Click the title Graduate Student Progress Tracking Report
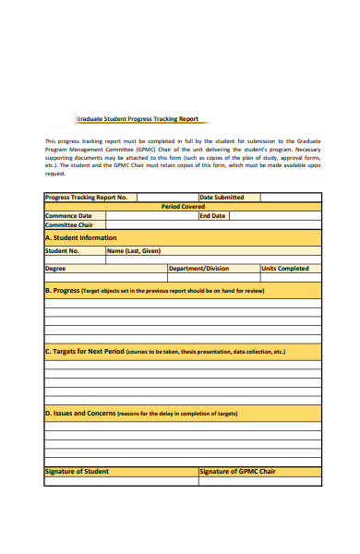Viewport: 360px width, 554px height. (x=136, y=119)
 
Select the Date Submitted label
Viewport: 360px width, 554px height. (x=222, y=197)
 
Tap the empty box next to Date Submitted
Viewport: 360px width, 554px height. (x=290, y=197)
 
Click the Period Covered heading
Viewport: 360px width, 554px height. (x=183, y=207)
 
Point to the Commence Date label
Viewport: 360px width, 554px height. (x=69, y=216)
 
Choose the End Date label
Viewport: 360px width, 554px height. (x=212, y=216)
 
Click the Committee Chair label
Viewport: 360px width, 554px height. (x=70, y=225)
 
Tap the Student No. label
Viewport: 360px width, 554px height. (x=63, y=250)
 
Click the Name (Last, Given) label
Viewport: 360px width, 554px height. (x=134, y=250)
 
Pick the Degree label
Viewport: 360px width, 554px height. (x=56, y=269)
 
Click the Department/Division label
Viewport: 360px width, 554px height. (x=198, y=269)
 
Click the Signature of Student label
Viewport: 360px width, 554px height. (x=78, y=472)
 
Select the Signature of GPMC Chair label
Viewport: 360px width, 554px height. (x=238, y=472)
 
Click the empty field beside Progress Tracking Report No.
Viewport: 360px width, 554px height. (x=166, y=197)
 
